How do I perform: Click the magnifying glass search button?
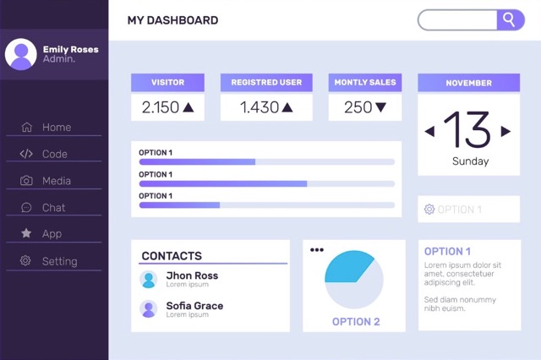coord(510,19)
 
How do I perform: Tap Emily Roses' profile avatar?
coord(20,54)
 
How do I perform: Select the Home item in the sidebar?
coord(57,128)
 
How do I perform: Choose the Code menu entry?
coord(54,154)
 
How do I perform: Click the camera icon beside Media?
coord(26,181)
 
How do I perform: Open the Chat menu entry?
coord(53,207)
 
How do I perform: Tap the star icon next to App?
coord(26,233)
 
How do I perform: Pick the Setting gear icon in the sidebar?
coord(25,261)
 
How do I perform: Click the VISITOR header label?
coord(167,83)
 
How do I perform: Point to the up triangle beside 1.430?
coord(287,107)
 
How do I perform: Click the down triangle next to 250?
coord(380,107)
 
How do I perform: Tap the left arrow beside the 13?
coord(429,131)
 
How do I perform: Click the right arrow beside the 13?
coord(505,131)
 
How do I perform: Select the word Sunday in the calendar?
coord(470,161)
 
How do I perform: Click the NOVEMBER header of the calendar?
coord(468,83)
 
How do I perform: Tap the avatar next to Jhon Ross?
coord(149,280)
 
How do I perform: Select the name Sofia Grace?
coord(194,305)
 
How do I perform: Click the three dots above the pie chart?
coord(316,249)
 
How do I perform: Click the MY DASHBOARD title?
coord(172,20)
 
